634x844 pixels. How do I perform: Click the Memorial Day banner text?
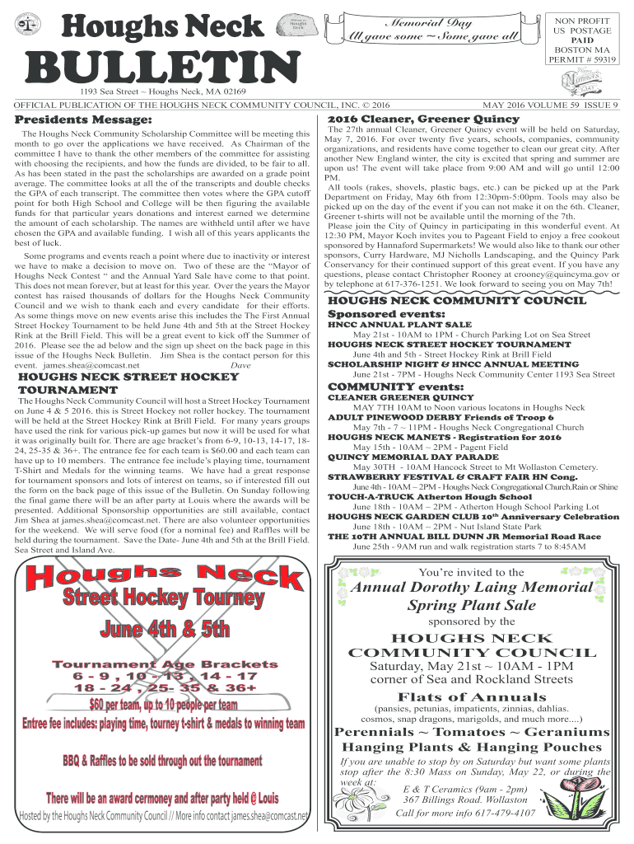[423, 23]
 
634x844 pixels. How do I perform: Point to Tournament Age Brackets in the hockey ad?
[165, 663]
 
